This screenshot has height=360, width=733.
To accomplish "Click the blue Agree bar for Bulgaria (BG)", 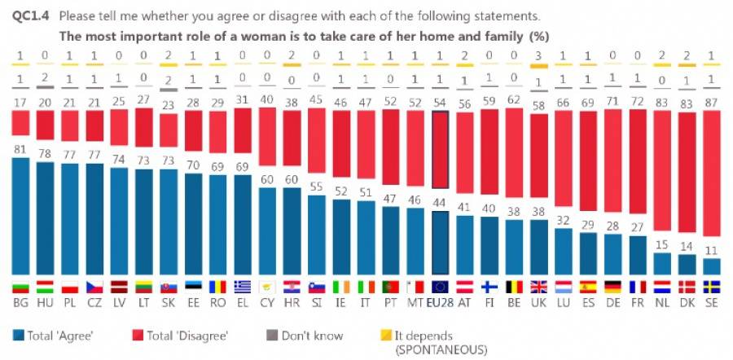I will pyautogui.click(x=20, y=216).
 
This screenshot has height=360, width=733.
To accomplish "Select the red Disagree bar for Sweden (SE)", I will pyautogui.click(x=711, y=184).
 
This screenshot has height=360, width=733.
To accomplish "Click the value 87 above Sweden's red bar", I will pyautogui.click(x=711, y=102).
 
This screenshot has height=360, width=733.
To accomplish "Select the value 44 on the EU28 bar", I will pyautogui.click(x=440, y=204).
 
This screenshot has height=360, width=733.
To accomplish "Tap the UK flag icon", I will pyautogui.click(x=538, y=287).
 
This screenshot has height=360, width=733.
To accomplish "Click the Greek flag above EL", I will pyautogui.click(x=243, y=287).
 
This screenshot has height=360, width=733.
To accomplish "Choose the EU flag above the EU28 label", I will pyautogui.click(x=440, y=287).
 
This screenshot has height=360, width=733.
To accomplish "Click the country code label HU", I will pyautogui.click(x=45, y=303).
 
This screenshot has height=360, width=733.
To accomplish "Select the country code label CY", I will pyautogui.click(x=267, y=303).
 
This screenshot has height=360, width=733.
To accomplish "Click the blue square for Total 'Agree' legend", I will pyautogui.click(x=18, y=335).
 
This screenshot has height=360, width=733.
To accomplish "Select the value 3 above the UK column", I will pyautogui.click(x=538, y=55).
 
